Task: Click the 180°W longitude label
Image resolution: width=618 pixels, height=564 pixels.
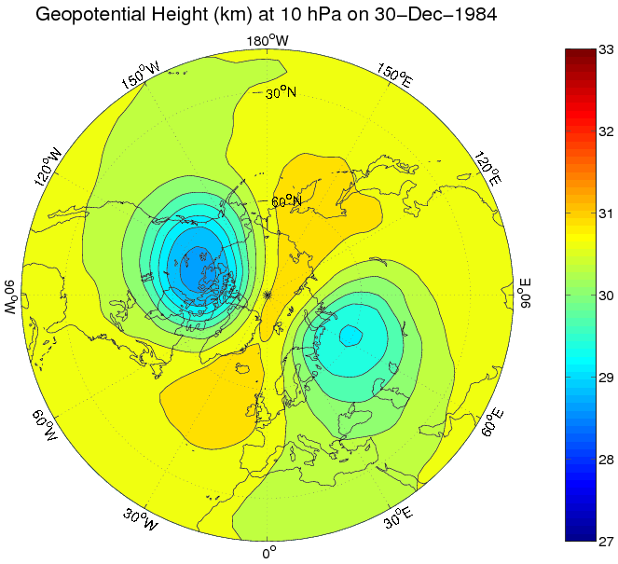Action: click(268, 40)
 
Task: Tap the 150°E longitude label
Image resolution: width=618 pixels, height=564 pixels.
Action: click(395, 76)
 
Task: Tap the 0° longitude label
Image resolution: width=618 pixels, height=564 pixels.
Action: click(268, 552)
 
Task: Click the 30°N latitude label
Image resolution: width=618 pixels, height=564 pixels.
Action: click(281, 93)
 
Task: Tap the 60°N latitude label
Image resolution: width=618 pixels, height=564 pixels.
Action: click(286, 200)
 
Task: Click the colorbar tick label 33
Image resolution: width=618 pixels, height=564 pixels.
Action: click(605, 49)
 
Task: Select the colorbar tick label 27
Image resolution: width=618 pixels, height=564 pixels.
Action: click(605, 541)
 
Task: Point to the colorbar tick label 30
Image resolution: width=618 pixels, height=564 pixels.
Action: click(605, 296)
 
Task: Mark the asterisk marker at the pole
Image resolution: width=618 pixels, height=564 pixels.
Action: click(268, 295)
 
